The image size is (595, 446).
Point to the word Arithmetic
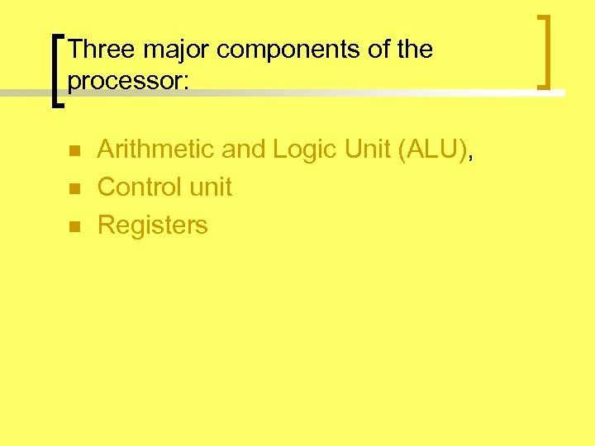tap(156, 149)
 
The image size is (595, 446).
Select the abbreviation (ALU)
tap(428, 149)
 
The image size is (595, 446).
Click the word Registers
tap(153, 225)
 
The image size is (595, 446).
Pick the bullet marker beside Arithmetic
tap(73, 151)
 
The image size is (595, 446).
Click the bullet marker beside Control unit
tap(73, 189)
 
